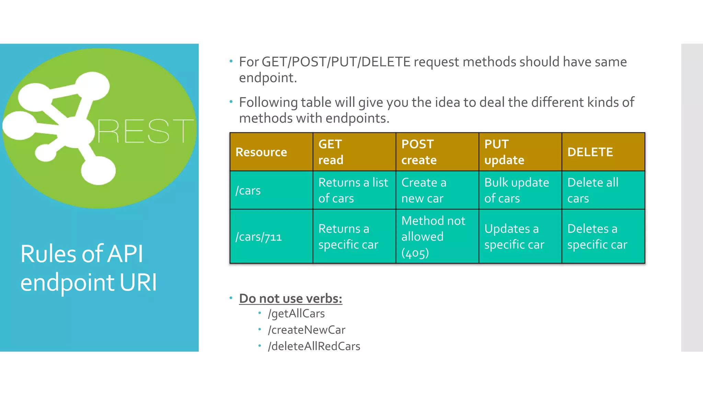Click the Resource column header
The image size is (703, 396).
tap(261, 152)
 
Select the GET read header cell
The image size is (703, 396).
tap(331, 152)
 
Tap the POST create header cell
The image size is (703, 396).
tap(419, 152)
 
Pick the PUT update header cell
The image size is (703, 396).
tap(504, 152)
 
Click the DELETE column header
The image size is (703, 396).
tap(590, 152)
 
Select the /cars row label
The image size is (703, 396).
tap(248, 190)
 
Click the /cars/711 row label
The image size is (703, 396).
tap(258, 237)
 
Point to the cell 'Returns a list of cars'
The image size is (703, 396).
tap(353, 190)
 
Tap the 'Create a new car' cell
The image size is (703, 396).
tap(424, 190)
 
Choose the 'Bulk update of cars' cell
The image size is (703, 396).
tap(517, 190)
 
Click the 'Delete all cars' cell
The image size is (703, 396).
tap(593, 190)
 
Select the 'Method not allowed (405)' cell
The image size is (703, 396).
tap(433, 237)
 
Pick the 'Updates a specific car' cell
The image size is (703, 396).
tap(514, 237)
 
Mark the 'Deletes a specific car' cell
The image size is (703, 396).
tap(597, 237)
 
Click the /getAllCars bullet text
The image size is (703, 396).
tap(296, 313)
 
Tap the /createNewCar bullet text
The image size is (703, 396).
tap(307, 330)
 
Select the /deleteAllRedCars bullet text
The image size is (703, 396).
tap(314, 346)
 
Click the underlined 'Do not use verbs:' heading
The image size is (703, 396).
tap(290, 298)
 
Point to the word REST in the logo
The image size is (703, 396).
tap(145, 131)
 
